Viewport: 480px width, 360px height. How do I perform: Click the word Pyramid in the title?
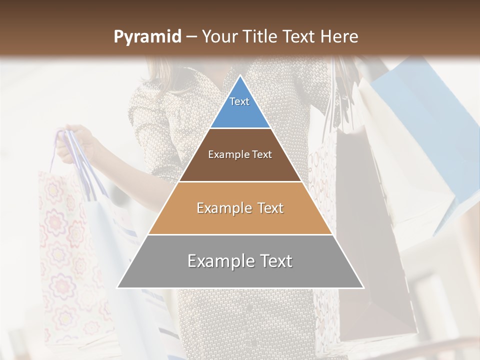147,37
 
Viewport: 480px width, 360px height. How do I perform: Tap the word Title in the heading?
257,37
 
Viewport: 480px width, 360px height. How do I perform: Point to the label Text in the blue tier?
239,101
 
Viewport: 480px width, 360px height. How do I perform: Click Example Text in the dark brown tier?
240,154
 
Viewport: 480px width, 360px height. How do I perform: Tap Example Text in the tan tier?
240,208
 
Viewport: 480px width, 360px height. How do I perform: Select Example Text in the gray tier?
240,261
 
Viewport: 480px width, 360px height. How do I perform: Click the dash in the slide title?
191,37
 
